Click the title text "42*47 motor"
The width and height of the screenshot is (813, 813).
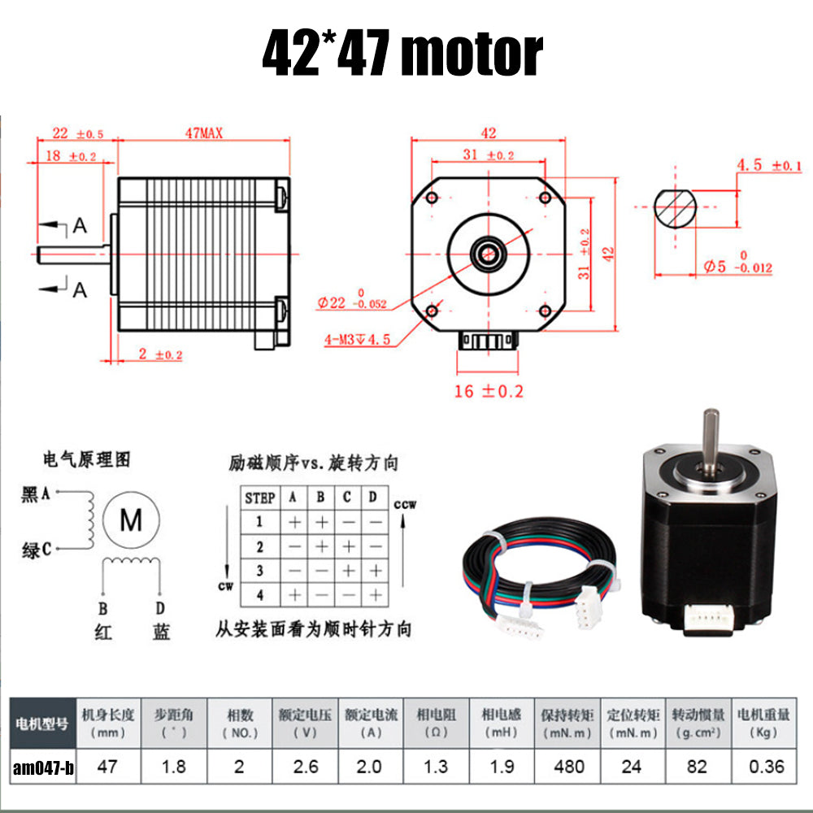[x=402, y=53]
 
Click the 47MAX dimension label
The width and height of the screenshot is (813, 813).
[x=203, y=133]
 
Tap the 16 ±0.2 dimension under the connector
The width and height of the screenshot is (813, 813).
[x=488, y=391]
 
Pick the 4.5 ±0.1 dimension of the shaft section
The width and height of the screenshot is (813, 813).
[x=768, y=166]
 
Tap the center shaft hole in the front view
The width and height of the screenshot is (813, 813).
[x=489, y=252]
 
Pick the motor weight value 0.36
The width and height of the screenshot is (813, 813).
[x=763, y=766]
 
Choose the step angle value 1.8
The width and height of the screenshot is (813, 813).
[x=174, y=766]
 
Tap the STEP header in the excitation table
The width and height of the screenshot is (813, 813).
[x=260, y=498]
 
